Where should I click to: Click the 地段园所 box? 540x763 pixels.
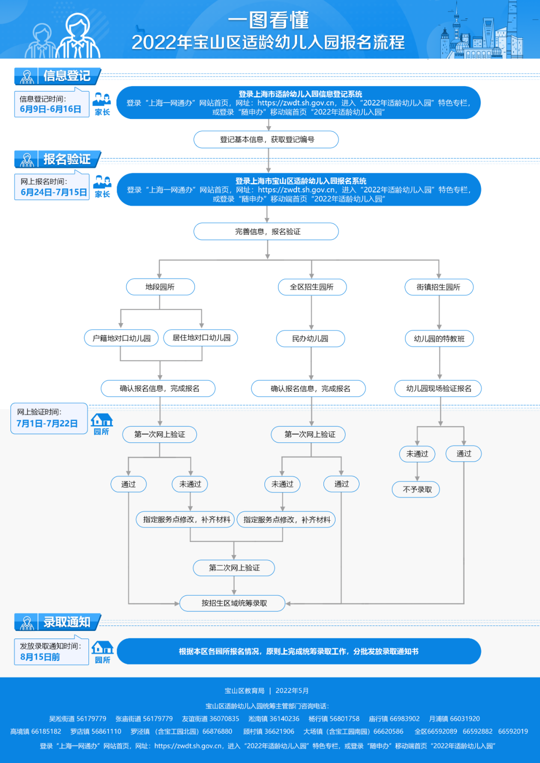pos(160,287)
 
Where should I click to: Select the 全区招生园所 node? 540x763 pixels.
pos(311,287)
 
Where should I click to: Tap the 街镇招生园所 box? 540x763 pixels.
pos(438,287)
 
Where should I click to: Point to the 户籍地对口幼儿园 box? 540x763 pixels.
pos(121,338)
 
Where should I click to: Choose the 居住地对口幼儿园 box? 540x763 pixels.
pos(201,338)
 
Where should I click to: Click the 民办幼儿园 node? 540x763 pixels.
pos(310,338)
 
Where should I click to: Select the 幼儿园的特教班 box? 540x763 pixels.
pos(439,338)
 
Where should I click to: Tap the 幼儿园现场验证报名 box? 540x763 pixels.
pos(438,388)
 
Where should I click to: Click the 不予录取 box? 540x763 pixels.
pos(417,489)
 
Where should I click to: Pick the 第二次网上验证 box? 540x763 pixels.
pos(234,567)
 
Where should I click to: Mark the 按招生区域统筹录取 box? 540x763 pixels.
pos(234,603)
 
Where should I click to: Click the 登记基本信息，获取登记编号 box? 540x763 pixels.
pos(266,139)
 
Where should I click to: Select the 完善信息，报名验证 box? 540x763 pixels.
pos(266,231)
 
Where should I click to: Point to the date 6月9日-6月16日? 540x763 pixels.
pos(50,109)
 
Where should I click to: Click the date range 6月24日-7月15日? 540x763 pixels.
pos(53,192)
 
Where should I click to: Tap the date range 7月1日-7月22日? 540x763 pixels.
pos(47,423)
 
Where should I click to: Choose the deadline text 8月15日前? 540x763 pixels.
pos(40,656)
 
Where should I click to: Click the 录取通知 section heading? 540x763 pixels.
pos(66,622)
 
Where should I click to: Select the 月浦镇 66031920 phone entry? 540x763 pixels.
pos(454,718)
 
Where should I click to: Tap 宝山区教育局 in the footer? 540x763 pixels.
pos(244,690)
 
